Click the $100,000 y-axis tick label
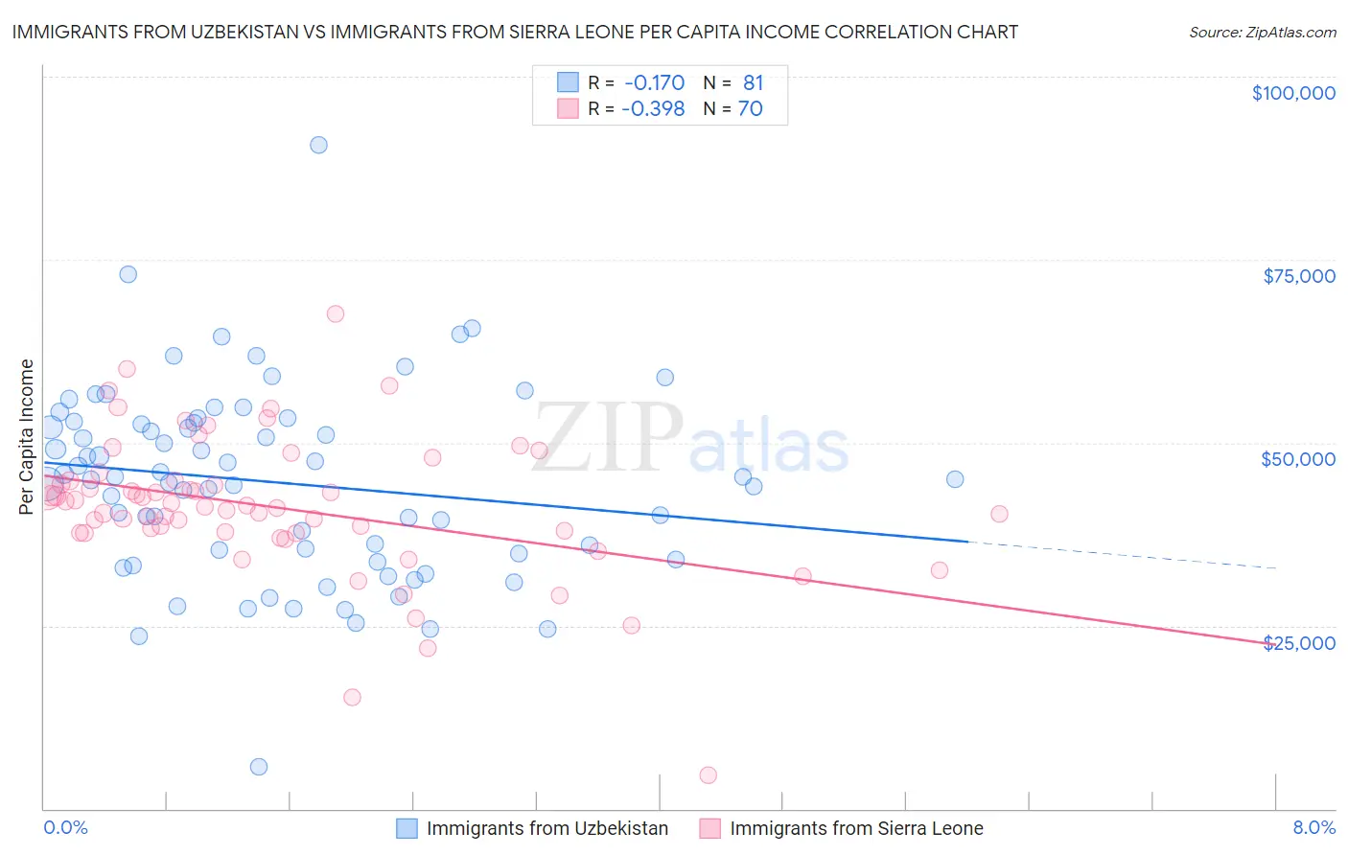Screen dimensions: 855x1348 click(x=1293, y=93)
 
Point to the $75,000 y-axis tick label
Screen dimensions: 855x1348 click(x=1298, y=276)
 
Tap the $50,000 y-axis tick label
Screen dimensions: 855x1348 click(x=1297, y=459)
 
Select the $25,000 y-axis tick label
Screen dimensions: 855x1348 click(x=1298, y=643)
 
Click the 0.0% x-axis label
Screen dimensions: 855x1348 click(x=65, y=827)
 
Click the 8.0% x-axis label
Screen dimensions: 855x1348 click(x=1313, y=827)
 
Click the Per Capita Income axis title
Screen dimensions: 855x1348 click(x=27, y=436)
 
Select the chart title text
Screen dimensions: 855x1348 click(x=515, y=32)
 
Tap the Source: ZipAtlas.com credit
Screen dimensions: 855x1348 click(x=1262, y=32)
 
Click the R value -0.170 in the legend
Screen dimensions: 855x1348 click(x=653, y=82)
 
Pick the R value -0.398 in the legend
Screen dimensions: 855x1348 click(x=653, y=108)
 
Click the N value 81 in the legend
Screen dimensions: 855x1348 click(x=753, y=82)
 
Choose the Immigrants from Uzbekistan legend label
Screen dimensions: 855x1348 click(x=547, y=828)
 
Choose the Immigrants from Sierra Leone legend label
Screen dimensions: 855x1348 click(x=856, y=828)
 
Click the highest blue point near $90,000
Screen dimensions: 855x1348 click(x=318, y=145)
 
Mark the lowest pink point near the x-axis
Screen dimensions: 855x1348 click(x=708, y=774)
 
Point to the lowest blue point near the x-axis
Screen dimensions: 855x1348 click(x=259, y=766)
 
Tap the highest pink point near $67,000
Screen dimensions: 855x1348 click(x=335, y=313)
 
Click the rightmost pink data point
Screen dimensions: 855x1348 click(x=999, y=514)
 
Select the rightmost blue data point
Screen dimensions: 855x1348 click(x=955, y=479)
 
